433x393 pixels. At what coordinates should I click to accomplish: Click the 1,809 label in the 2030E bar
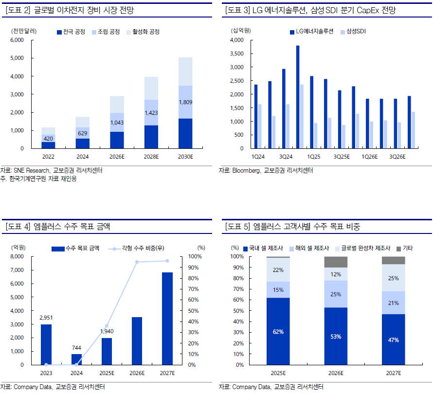click(x=185, y=102)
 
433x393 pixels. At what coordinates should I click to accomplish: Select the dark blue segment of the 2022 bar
click(x=48, y=145)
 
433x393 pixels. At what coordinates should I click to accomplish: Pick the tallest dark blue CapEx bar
click(x=298, y=97)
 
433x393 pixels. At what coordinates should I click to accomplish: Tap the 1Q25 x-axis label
click(x=314, y=157)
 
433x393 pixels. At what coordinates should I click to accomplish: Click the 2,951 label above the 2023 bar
click(x=46, y=318)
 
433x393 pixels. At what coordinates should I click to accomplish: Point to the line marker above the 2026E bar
click(x=137, y=262)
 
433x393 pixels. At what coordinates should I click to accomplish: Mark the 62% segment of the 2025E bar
click(x=278, y=331)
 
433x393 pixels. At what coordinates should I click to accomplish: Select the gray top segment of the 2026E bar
click(x=336, y=262)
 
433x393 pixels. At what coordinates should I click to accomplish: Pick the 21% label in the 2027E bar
click(x=394, y=303)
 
